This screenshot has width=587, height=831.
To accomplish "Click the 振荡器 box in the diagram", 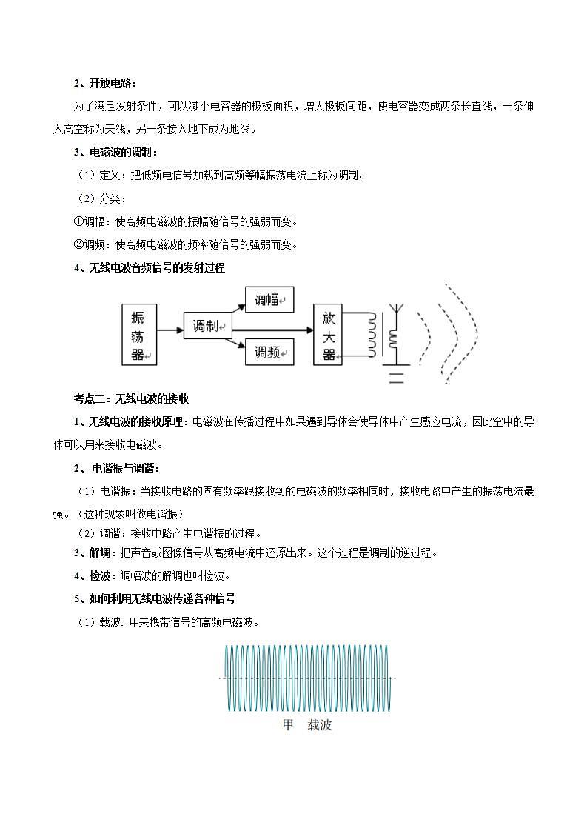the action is point(138,336).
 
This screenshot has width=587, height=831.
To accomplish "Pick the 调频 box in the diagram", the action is point(269,352).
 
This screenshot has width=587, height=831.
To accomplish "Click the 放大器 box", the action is point(329,336).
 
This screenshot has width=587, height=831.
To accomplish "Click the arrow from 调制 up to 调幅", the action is point(238,304).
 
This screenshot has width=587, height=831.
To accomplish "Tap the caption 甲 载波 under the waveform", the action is point(307,725).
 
